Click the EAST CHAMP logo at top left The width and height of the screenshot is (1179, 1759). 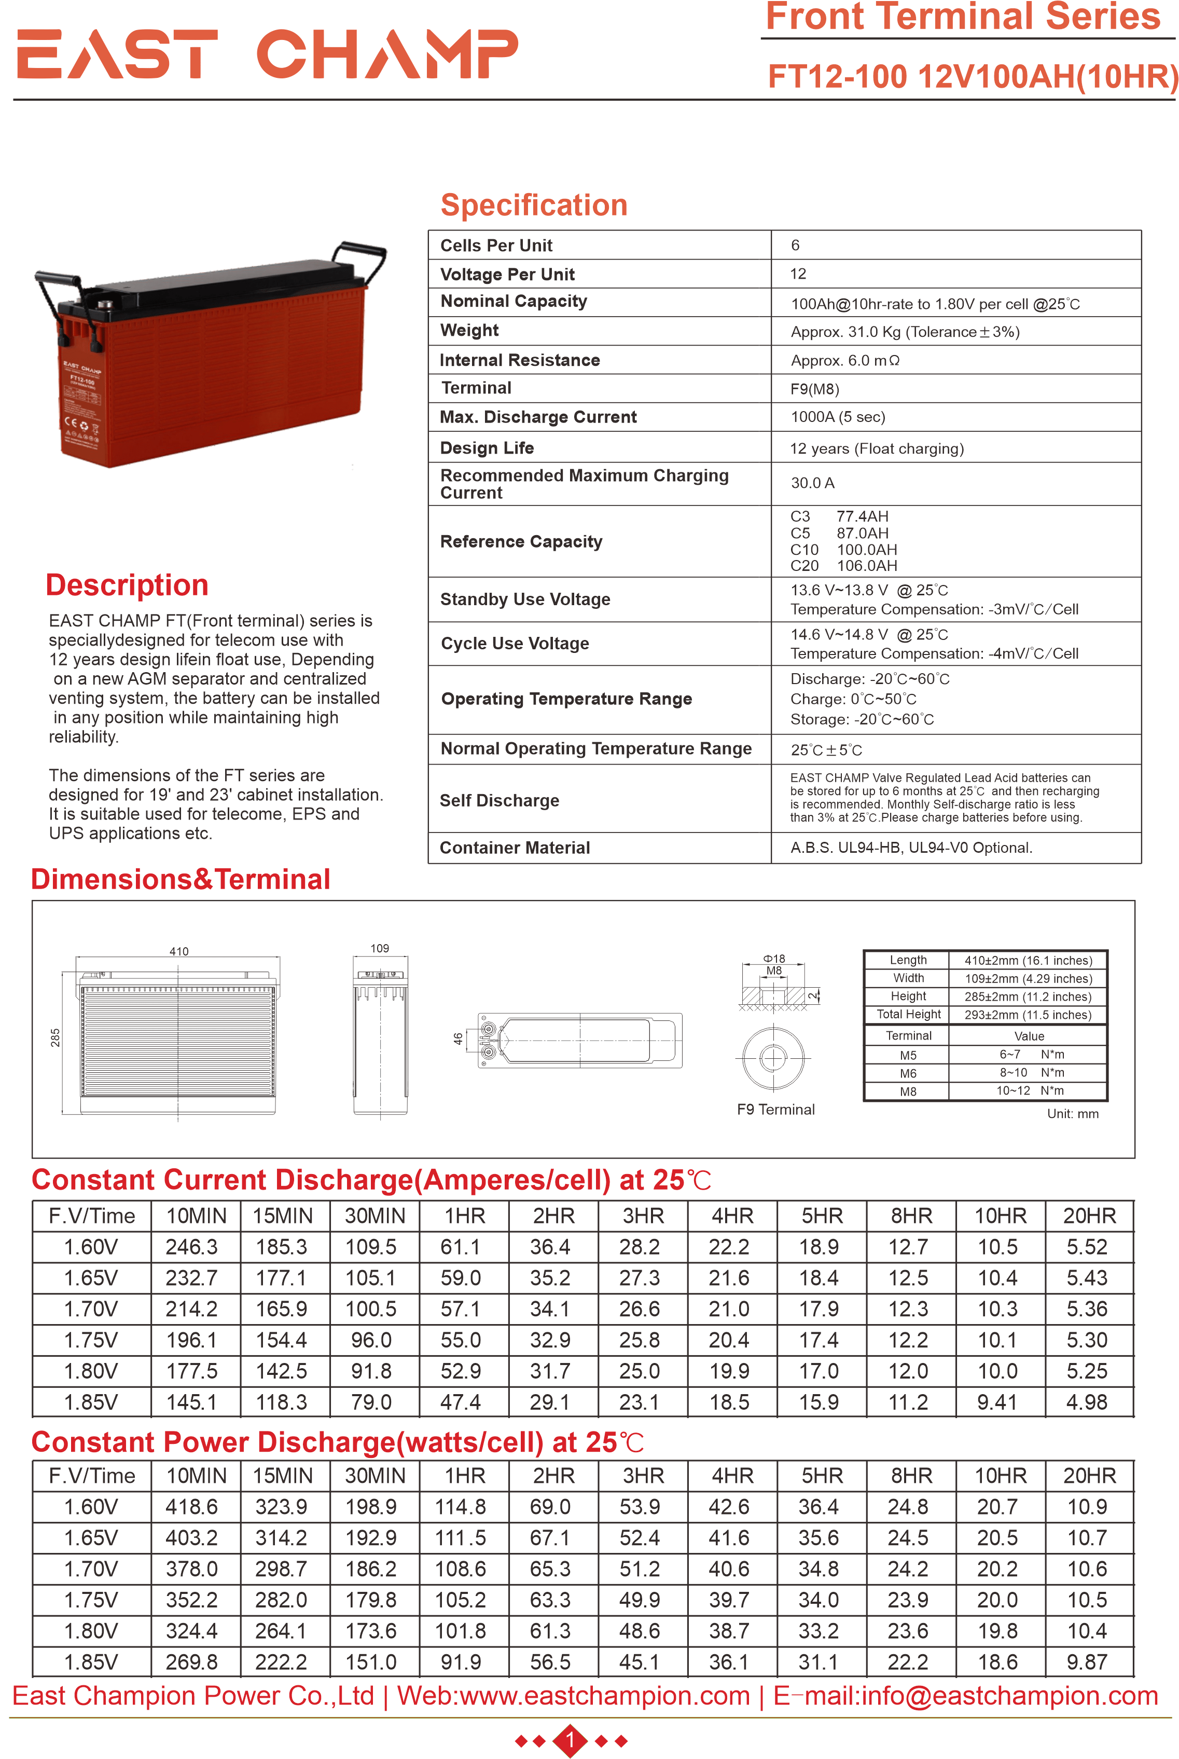(267, 54)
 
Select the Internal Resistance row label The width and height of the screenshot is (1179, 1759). (520, 360)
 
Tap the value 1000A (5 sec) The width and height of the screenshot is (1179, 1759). (838, 417)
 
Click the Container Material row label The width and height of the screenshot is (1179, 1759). (515, 848)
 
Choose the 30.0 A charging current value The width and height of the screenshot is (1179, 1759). (812, 483)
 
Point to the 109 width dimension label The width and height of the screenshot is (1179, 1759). (380, 949)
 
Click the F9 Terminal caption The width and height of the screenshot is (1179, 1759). (775, 1110)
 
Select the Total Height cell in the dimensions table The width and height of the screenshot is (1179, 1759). (908, 1014)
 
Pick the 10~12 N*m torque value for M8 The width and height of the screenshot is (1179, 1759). (1030, 1091)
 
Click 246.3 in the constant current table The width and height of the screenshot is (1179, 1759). (192, 1247)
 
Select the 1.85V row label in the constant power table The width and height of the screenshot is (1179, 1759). (91, 1662)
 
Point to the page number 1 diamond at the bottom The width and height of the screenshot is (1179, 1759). (571, 1740)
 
